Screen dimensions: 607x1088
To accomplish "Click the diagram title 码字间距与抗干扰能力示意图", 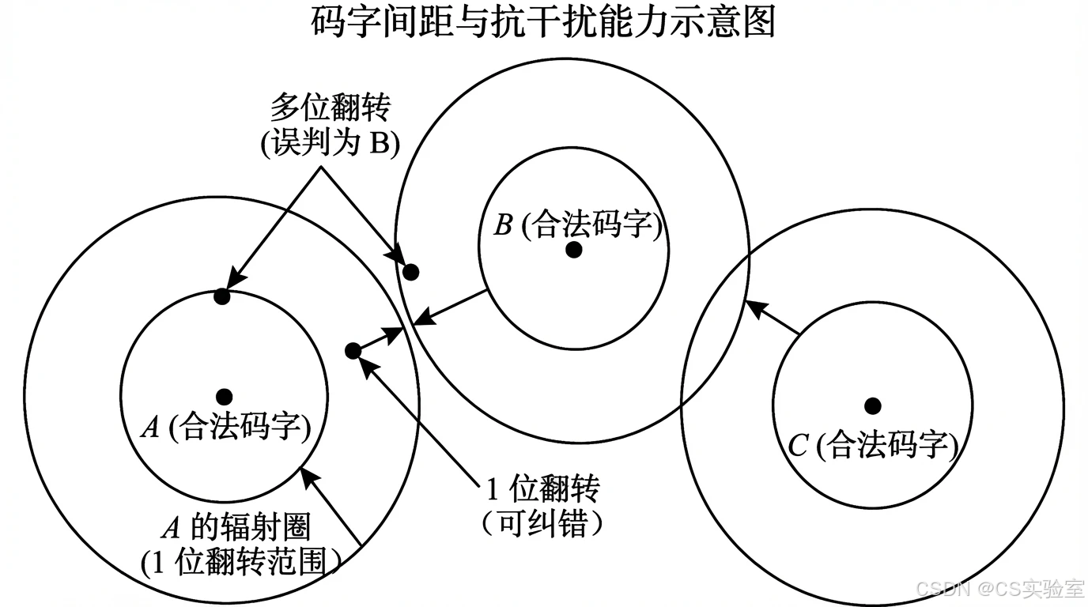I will tap(544, 24).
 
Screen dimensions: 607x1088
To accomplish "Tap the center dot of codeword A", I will tap(225, 397).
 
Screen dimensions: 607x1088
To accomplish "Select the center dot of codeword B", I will tap(575, 250).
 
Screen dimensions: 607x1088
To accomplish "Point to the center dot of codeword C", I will tap(873, 405).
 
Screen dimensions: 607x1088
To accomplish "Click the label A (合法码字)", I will tap(225, 428).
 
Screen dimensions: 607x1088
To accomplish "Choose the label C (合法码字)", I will tap(874, 446).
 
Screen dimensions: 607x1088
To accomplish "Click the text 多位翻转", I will tap(330, 106).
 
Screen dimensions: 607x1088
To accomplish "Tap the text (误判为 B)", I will tap(330, 145).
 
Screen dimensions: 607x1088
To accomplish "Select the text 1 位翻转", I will tap(542, 490).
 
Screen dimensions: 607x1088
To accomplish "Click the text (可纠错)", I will tap(542, 523).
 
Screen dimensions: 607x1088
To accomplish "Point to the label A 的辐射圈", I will tap(236, 527).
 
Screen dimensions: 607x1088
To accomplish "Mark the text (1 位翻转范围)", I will tap(241, 563).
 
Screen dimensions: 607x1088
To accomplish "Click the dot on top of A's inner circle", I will tap(222, 297).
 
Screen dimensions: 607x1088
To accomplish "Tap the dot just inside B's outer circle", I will tap(410, 272).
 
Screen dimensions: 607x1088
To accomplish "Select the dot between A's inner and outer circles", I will tap(353, 350).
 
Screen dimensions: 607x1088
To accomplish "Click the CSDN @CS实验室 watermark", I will tap(999, 589).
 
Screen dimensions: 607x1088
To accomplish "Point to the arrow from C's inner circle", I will tap(774, 318).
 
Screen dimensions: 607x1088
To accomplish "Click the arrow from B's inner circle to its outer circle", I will tap(451, 307).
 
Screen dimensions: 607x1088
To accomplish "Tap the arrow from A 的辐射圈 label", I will tap(332, 506).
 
